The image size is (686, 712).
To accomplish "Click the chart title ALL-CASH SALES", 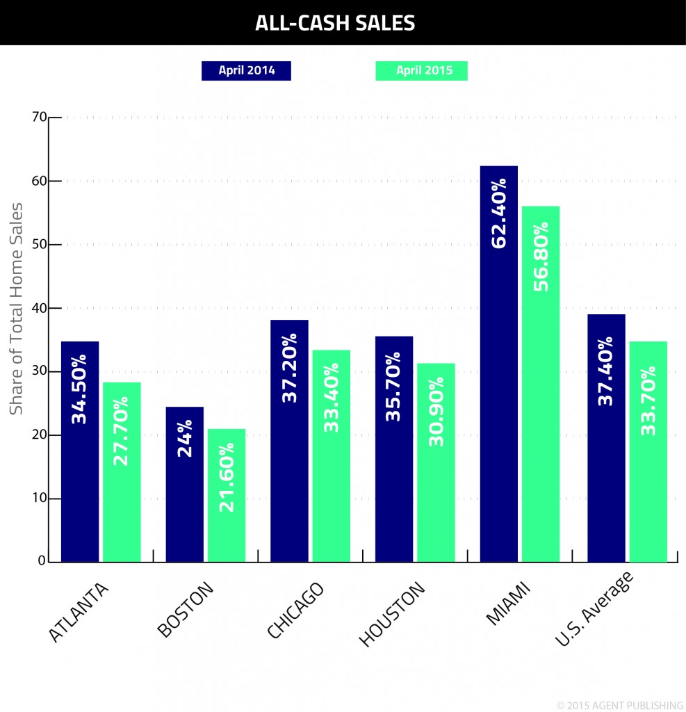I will coord(334,23).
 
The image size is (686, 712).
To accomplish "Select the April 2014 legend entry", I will coord(246,70).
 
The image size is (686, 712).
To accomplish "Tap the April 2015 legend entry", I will coord(421,70).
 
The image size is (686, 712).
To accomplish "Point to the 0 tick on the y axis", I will coord(42,561).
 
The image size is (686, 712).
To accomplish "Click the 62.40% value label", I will coord(499,213).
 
